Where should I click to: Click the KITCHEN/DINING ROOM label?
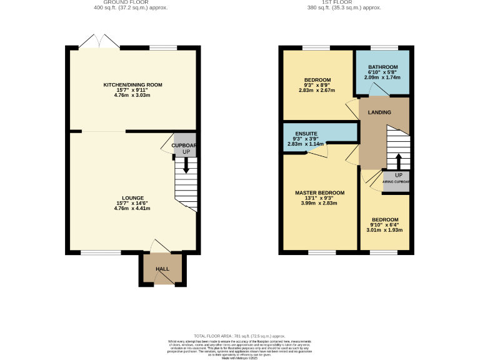click(132, 84)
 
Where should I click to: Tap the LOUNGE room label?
click(132, 197)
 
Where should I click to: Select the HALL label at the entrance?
click(162, 269)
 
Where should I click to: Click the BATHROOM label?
click(382, 67)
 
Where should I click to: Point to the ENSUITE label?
click(306, 133)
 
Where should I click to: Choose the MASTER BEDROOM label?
click(319, 192)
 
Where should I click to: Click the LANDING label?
click(379, 112)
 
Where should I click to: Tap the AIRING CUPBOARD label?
click(397, 182)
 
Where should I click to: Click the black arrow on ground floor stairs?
click(186, 164)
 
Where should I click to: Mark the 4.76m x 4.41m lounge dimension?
click(132, 208)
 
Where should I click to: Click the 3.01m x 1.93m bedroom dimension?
click(384, 230)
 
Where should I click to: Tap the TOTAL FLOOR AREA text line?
click(239, 336)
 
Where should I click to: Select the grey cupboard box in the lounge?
click(185, 145)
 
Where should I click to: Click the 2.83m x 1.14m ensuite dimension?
click(306, 144)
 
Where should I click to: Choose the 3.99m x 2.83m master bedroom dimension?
click(319, 203)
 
